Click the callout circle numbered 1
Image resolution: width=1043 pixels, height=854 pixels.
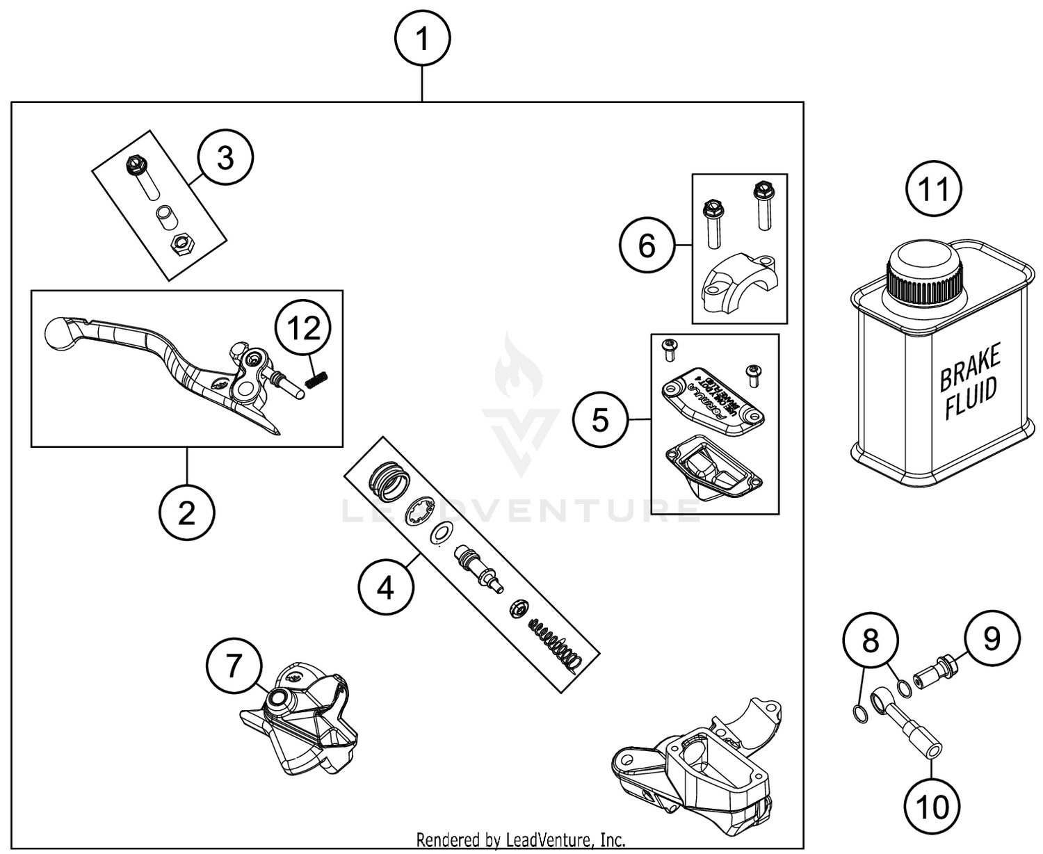pyautogui.click(x=422, y=40)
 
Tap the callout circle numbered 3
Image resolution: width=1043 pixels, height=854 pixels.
pyautogui.click(x=225, y=159)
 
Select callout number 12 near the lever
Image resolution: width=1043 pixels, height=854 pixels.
pyautogui.click(x=304, y=328)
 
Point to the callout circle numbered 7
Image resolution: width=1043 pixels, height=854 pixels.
pyautogui.click(x=234, y=667)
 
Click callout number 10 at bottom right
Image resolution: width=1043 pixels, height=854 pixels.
pyautogui.click(x=932, y=807)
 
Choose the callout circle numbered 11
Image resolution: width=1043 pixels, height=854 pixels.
pyautogui.click(x=933, y=189)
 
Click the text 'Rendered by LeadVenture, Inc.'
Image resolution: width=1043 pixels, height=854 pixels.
pyautogui.click(x=521, y=839)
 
